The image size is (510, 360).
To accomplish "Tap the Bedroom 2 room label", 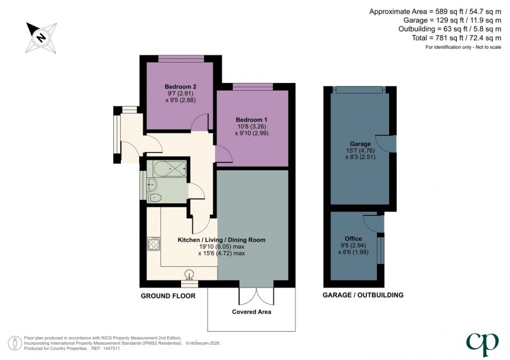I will pyautogui.click(x=180, y=87).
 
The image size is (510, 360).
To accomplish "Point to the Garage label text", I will pyautogui.click(x=360, y=144).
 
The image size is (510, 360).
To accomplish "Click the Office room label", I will pyautogui.click(x=354, y=238).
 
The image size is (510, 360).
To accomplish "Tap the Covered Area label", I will pyautogui.click(x=252, y=311).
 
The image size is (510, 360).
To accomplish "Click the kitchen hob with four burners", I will pyautogui.click(x=153, y=243).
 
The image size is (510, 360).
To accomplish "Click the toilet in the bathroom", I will pyautogui.click(x=154, y=197).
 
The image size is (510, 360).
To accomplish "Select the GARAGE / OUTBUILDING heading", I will pyautogui.click(x=363, y=295).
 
